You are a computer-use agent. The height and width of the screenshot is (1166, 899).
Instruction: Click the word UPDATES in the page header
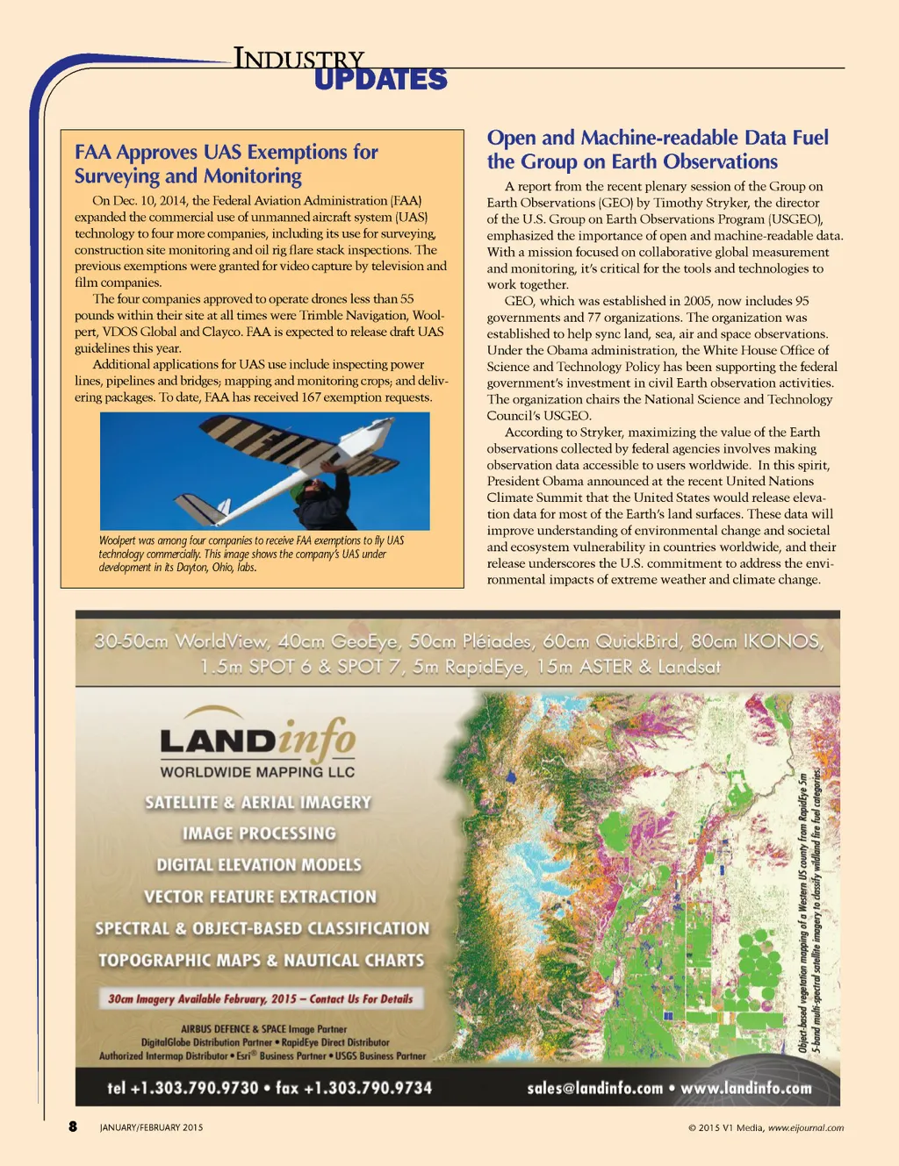[380, 80]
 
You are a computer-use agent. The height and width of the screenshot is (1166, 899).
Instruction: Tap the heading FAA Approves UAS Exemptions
[227, 164]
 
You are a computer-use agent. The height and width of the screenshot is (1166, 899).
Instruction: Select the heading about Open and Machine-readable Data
[658, 149]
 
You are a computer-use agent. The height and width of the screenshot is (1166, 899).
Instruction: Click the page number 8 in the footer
[73, 1127]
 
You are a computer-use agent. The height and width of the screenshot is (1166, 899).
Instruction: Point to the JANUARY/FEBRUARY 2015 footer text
[151, 1127]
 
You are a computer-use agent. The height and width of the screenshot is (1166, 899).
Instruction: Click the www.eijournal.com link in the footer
[806, 1128]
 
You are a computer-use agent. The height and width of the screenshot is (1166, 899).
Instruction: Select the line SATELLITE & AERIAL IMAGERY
[258, 802]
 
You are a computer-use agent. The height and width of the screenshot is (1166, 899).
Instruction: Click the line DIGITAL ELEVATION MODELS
[259, 865]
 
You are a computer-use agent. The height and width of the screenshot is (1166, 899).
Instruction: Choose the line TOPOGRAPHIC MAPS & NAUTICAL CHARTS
[261, 961]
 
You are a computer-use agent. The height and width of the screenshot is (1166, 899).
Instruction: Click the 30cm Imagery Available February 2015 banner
[261, 998]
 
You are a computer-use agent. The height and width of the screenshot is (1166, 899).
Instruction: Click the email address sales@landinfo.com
[594, 1088]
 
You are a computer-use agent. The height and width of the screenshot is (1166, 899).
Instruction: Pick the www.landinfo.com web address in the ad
[746, 1088]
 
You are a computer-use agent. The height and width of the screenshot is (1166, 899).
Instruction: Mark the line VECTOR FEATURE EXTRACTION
[260, 897]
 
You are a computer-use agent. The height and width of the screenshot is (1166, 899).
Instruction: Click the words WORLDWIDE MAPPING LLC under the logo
[257, 772]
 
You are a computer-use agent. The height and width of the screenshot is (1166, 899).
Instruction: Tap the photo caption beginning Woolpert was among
[251, 554]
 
